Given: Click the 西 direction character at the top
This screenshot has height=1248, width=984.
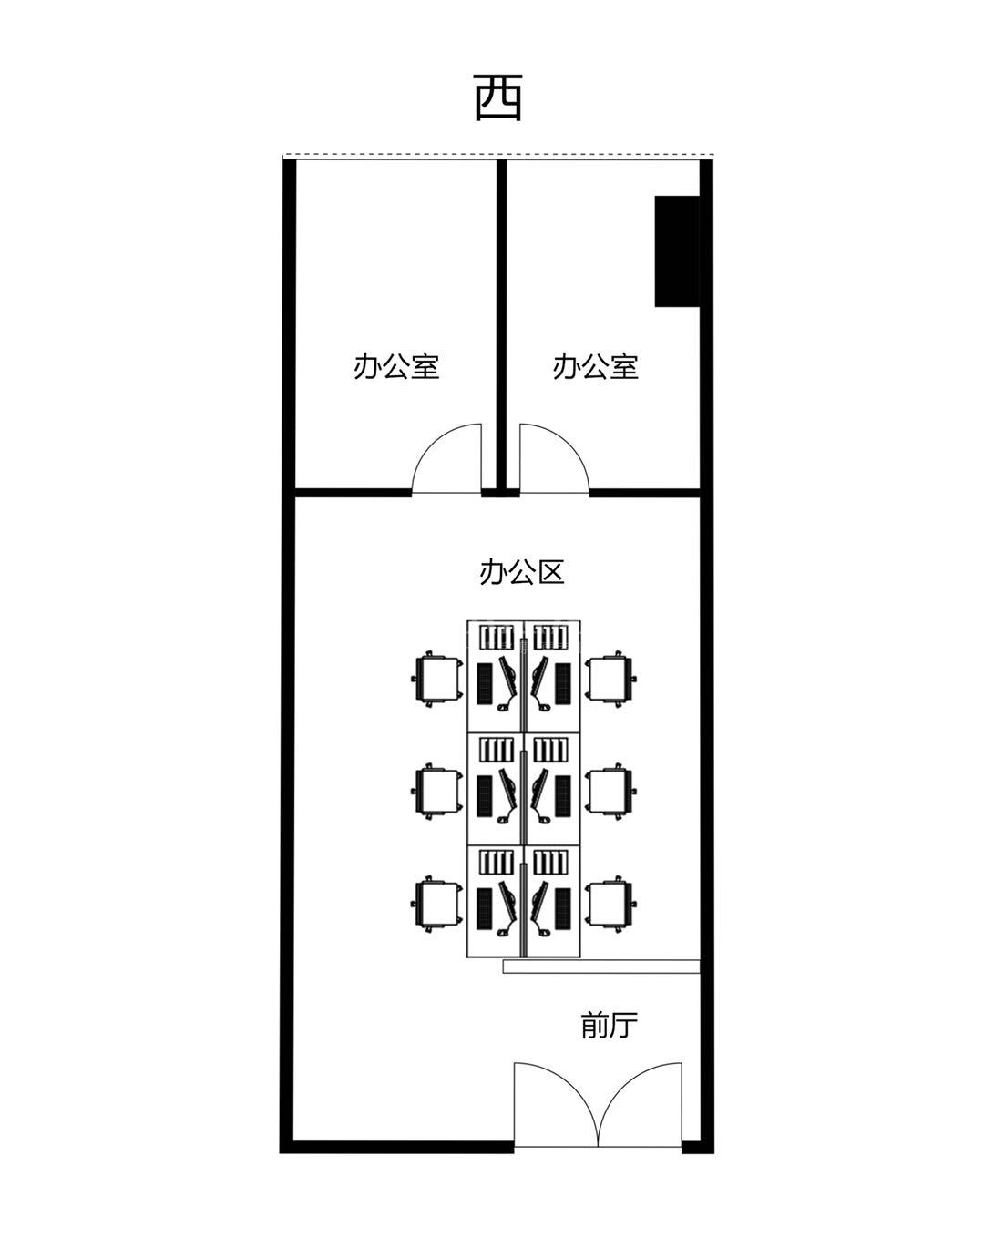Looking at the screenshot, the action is (498, 97).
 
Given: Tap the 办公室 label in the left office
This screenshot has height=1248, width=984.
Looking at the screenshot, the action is (396, 366).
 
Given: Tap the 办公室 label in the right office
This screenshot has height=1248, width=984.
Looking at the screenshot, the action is (595, 366).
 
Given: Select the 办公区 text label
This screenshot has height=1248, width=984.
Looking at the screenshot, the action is (521, 572).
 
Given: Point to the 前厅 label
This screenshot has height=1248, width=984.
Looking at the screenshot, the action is (609, 1026).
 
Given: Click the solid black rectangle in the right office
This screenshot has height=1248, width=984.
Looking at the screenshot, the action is (677, 251).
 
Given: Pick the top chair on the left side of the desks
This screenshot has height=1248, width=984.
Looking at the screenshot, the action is (437, 679).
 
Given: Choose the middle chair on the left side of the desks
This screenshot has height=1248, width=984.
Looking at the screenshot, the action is (437, 791).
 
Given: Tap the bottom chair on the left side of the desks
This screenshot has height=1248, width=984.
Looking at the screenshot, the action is (437, 904).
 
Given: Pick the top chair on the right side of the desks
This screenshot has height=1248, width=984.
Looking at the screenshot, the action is (611, 679).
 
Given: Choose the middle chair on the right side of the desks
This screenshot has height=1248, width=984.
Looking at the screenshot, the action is (611, 791).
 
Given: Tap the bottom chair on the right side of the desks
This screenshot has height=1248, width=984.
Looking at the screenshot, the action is (611, 904).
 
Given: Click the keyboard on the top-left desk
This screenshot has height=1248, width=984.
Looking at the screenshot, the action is (485, 684).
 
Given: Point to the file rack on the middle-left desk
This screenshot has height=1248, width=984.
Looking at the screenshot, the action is (497, 750).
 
